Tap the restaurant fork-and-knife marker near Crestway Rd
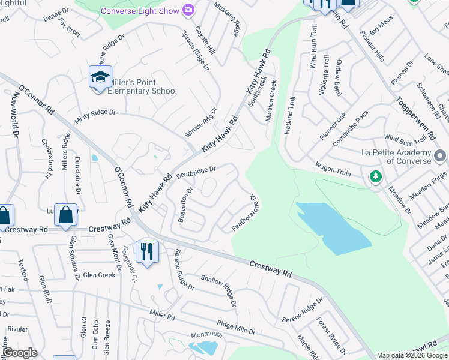point(147,252)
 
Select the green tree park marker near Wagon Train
point(376,176)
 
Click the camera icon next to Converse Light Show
point(189,10)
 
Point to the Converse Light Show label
point(140,11)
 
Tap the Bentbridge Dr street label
point(196,172)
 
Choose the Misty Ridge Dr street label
point(95,116)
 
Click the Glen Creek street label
point(99,275)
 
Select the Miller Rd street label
point(161,315)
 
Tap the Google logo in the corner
point(19,353)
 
